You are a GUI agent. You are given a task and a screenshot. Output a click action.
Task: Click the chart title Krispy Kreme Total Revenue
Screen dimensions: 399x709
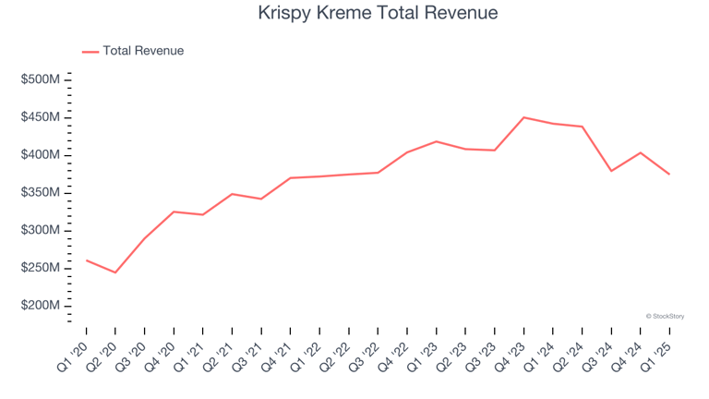pyautogui.click(x=354, y=13)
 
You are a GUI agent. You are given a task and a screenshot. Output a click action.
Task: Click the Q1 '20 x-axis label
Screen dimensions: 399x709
pyautogui.click(x=74, y=353)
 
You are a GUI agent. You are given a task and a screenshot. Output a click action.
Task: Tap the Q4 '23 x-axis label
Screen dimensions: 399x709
pyautogui.click(x=511, y=353)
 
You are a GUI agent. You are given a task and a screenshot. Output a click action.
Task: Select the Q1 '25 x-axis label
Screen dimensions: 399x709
pyautogui.click(x=656, y=353)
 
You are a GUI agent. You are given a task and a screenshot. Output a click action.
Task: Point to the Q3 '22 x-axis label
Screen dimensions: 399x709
pyautogui.click(x=365, y=353)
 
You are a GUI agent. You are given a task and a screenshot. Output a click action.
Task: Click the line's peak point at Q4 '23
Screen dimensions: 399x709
pyautogui.click(x=523, y=117)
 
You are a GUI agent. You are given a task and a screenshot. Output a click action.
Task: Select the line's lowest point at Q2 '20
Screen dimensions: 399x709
pyautogui.click(x=115, y=272)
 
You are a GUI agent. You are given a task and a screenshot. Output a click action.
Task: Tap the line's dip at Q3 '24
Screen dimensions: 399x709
pyautogui.click(x=611, y=171)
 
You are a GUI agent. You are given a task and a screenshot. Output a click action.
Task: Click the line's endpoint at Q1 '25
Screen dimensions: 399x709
pyautogui.click(x=669, y=175)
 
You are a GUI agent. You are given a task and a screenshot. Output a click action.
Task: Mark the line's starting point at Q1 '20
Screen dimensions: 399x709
pyautogui.click(x=86, y=260)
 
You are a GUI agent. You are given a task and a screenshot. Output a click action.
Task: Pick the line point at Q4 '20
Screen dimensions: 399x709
pyautogui.click(x=174, y=212)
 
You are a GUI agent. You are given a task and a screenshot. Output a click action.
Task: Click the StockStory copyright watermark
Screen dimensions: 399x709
pyautogui.click(x=665, y=316)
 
